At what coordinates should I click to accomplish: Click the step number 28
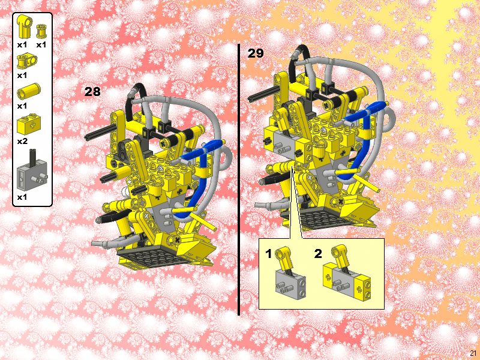point(92,92)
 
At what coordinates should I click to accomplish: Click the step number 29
point(256,53)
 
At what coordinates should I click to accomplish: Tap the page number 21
point(473,353)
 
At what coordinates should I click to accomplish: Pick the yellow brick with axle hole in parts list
point(28,124)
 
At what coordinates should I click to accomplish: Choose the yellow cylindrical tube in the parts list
point(28,91)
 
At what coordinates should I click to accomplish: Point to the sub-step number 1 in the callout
point(269,254)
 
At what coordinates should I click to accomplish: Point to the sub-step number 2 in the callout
point(318,254)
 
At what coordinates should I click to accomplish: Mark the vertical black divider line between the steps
point(239,180)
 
